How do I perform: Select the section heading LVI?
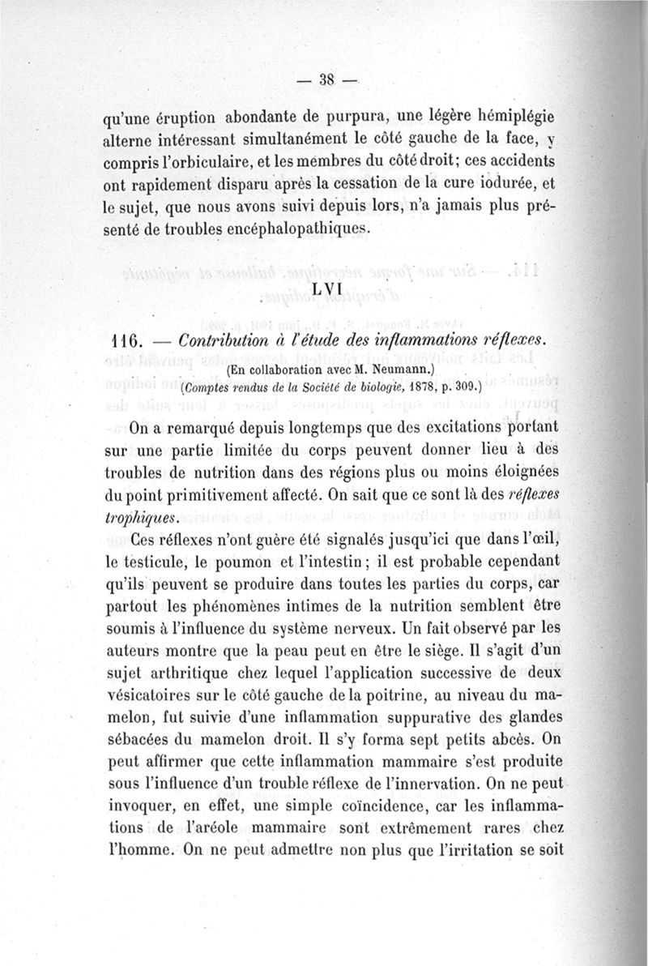(x=327, y=289)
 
